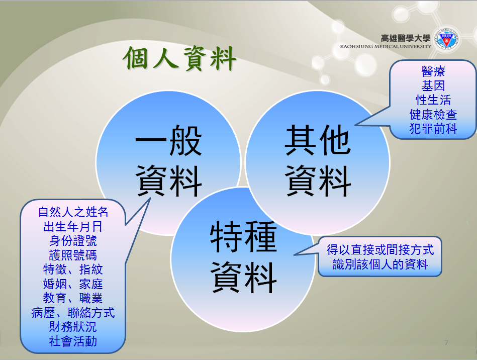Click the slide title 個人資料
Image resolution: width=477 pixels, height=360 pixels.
(x=180, y=58)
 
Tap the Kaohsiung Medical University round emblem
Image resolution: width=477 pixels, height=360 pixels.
(x=446, y=39)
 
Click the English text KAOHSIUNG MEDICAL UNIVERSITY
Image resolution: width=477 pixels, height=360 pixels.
(x=386, y=47)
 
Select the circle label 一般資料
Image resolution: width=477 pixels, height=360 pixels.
(x=168, y=161)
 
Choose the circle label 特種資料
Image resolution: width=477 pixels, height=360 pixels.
(x=243, y=257)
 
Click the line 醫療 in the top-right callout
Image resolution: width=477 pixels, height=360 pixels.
(x=433, y=71)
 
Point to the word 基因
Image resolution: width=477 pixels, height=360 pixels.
(x=433, y=86)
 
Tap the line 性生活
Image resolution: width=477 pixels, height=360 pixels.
(x=433, y=100)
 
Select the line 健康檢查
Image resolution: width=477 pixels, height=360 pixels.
(x=433, y=115)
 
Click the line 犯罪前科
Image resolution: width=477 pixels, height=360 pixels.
(x=433, y=128)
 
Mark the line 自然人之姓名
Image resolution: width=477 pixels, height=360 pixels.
(x=73, y=212)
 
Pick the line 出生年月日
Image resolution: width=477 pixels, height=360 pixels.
(x=73, y=226)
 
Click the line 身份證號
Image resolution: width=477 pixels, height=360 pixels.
(x=73, y=241)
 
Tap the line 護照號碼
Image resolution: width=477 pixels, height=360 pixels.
(x=73, y=255)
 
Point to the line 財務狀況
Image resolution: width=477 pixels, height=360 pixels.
(x=73, y=327)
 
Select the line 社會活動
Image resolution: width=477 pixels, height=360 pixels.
(x=73, y=341)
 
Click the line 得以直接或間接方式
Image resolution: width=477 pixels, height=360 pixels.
(x=380, y=250)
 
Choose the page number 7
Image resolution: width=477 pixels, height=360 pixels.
(x=446, y=343)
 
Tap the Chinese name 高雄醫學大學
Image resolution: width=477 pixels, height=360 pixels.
(x=406, y=38)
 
